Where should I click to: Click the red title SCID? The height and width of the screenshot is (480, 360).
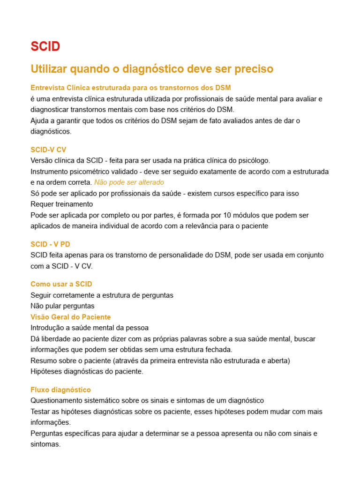coord(45,46)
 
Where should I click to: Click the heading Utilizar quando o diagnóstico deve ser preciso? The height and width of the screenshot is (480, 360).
coord(152,69)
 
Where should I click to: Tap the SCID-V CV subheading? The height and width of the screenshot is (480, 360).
coord(48,150)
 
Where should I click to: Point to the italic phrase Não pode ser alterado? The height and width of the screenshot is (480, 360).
coord(129,182)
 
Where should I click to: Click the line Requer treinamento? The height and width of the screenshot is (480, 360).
coord(61,204)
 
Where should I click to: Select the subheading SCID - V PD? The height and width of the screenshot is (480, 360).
coord(50,244)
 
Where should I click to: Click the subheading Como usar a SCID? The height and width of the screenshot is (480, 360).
coord(61,284)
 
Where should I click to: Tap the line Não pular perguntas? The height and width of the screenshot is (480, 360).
coord(62,306)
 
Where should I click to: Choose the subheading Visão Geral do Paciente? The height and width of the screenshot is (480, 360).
coord(70,317)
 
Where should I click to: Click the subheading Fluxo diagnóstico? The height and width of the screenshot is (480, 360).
coord(60,390)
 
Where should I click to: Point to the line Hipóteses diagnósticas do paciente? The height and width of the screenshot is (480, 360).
coord(87,372)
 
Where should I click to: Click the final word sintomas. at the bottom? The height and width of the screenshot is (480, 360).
coord(45,444)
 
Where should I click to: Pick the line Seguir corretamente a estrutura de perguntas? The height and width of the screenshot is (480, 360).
coord(102,295)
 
